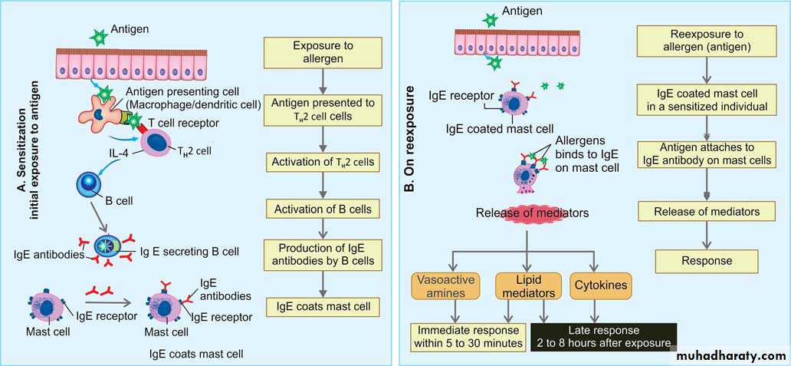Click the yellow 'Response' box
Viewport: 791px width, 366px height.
tap(706, 261)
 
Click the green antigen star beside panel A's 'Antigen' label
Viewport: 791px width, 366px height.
tap(97, 35)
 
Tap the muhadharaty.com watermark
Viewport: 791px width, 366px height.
tap(728, 356)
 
